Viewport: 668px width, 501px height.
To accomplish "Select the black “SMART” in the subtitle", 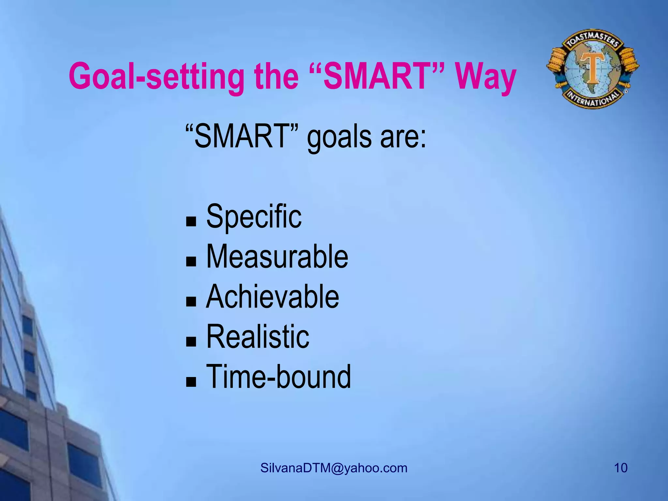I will [242, 136].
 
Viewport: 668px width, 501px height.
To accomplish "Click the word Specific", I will [254, 216].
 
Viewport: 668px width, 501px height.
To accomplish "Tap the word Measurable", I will [277, 257].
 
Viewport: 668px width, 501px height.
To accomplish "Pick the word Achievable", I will [272, 296].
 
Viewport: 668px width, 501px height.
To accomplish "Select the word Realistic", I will [258, 337].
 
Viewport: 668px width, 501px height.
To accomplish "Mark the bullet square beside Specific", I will [191, 222].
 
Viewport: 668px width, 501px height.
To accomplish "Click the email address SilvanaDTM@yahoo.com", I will [334, 468].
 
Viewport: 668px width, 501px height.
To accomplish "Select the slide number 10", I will [621, 468].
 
